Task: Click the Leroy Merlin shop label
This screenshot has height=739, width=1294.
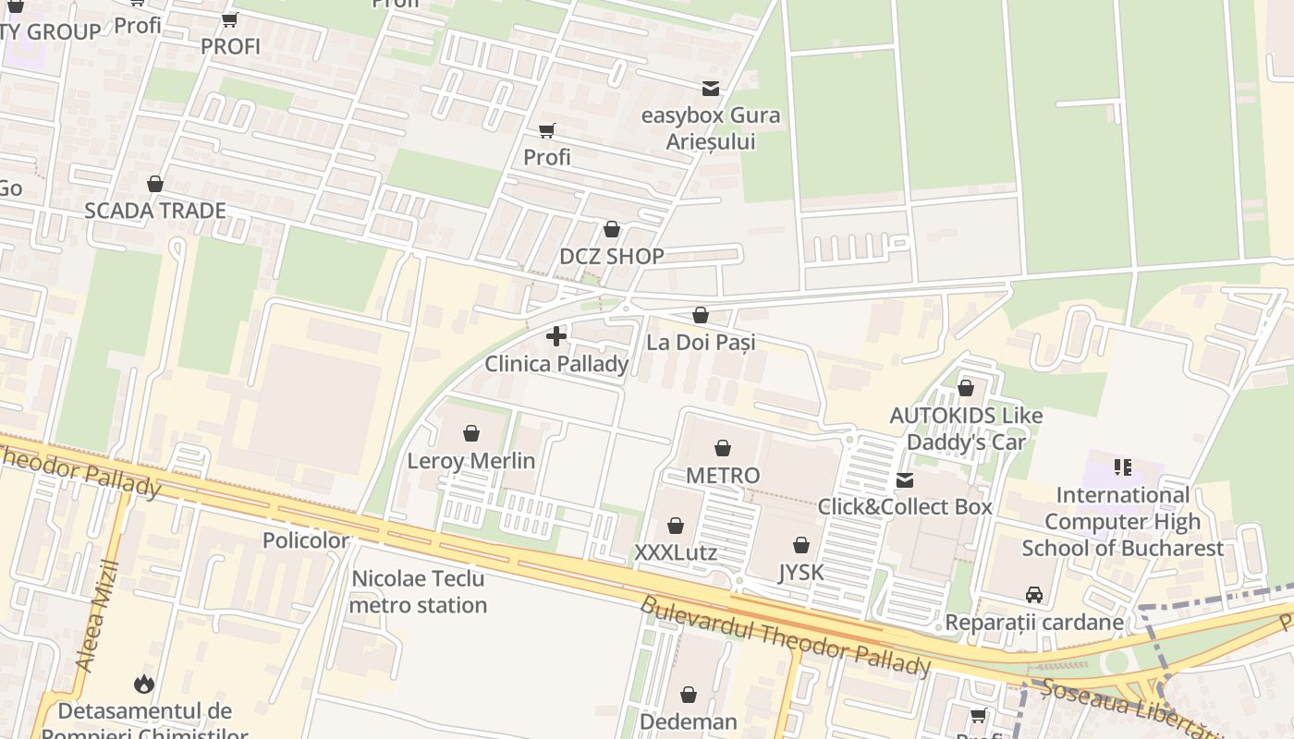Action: click(x=471, y=460)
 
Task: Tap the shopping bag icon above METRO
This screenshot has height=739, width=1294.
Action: click(x=723, y=448)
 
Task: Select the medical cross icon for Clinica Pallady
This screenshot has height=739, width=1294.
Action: click(x=556, y=336)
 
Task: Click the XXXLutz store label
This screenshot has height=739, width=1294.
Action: click(x=676, y=552)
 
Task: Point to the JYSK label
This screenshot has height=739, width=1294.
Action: click(x=800, y=573)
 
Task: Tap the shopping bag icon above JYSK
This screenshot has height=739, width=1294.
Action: click(x=801, y=545)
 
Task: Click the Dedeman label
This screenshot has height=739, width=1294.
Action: click(x=689, y=721)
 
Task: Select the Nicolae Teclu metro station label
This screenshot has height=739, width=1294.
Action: click(x=419, y=592)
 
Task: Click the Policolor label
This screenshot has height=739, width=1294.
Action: click(x=306, y=540)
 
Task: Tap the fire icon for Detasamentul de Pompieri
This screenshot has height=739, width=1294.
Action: click(x=143, y=684)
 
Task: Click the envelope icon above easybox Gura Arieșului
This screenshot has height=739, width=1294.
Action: click(x=711, y=89)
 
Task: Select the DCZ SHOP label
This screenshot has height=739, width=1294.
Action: click(x=612, y=257)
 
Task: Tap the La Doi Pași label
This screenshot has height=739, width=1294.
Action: click(x=701, y=343)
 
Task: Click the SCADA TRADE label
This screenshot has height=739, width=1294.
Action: click(x=155, y=211)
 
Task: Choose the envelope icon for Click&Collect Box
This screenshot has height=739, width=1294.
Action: click(x=905, y=479)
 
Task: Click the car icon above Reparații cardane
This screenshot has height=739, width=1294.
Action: click(x=1034, y=595)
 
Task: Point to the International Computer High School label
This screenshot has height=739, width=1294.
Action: click(x=1122, y=521)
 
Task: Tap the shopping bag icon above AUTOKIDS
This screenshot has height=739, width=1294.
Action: click(x=966, y=388)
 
